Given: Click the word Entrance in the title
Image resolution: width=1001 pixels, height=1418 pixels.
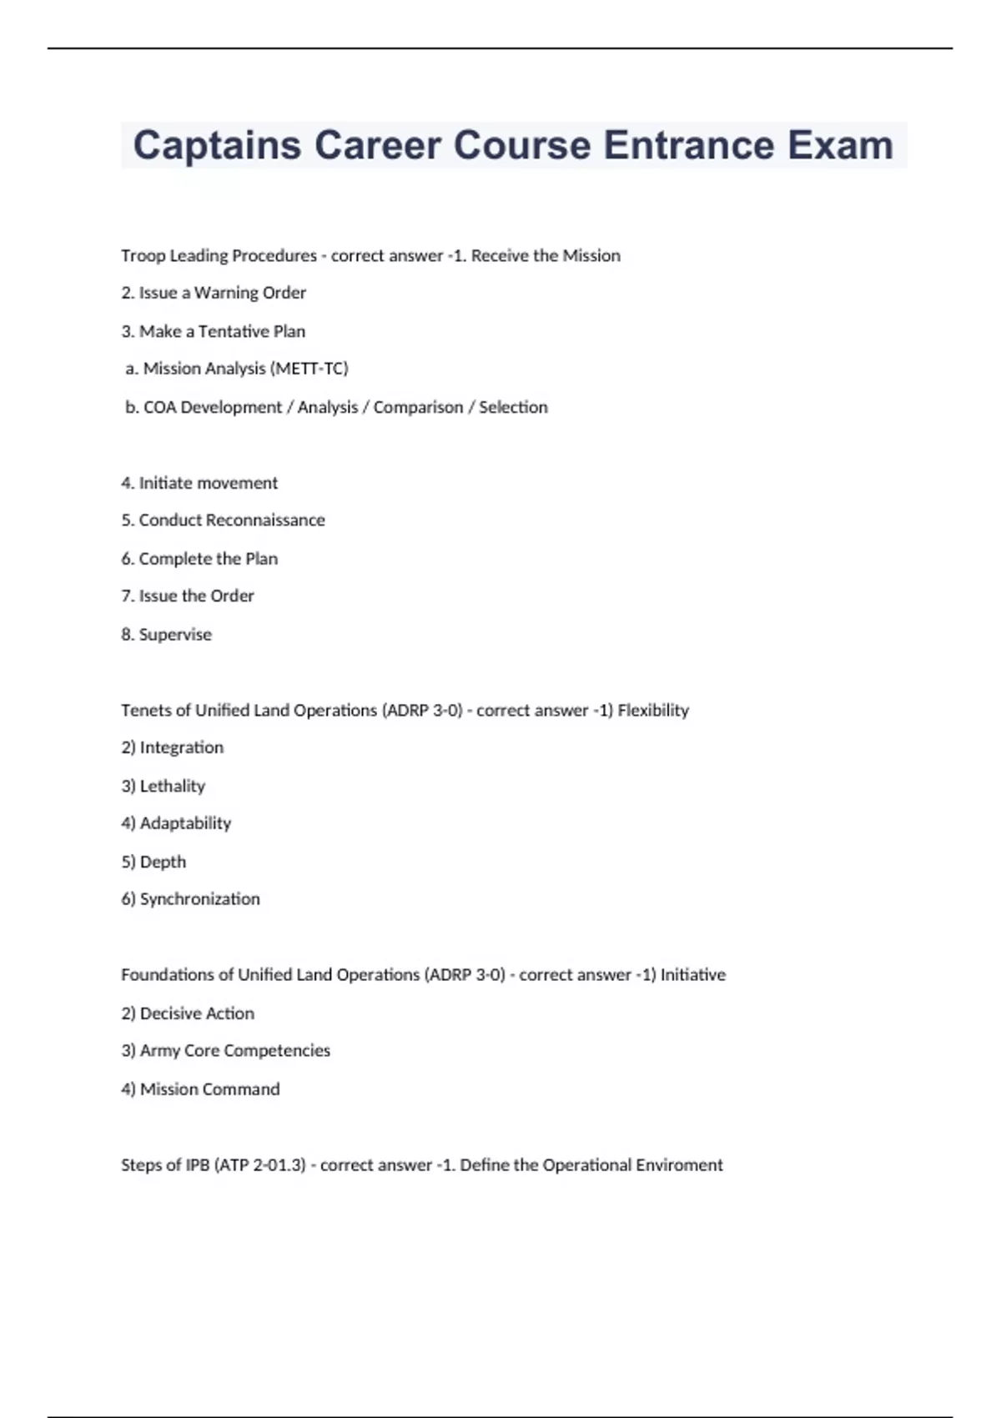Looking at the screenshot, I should point(688,145).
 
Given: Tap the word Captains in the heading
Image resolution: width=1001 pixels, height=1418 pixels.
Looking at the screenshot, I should point(217,145).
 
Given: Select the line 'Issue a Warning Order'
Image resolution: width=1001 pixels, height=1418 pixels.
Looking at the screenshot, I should point(214,293).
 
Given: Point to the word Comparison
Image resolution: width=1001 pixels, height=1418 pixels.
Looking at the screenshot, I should point(418,407).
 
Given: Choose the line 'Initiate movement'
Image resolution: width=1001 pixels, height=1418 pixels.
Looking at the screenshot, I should point(199,483).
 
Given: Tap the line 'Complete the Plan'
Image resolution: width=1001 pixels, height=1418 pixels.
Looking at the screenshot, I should point(199,559).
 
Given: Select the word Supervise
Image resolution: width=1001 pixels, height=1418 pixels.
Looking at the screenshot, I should point(175,635).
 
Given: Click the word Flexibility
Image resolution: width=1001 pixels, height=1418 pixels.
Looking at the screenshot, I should point(653,711).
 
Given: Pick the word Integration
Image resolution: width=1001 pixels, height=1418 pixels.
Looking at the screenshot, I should point(182,747).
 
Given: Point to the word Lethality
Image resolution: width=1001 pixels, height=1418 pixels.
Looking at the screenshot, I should point(173,786).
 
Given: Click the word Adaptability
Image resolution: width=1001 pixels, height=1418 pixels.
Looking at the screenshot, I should point(185,823).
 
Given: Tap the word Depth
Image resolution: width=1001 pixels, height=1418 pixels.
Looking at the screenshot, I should point(163,862).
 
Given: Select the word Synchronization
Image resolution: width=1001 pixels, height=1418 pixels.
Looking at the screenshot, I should point(199,899).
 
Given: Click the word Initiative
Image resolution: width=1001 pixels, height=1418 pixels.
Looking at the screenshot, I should point(693,975).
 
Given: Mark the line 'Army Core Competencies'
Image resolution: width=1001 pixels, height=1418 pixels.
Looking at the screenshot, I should point(226,1051).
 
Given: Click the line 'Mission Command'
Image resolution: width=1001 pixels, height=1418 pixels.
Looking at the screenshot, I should point(201,1089).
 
